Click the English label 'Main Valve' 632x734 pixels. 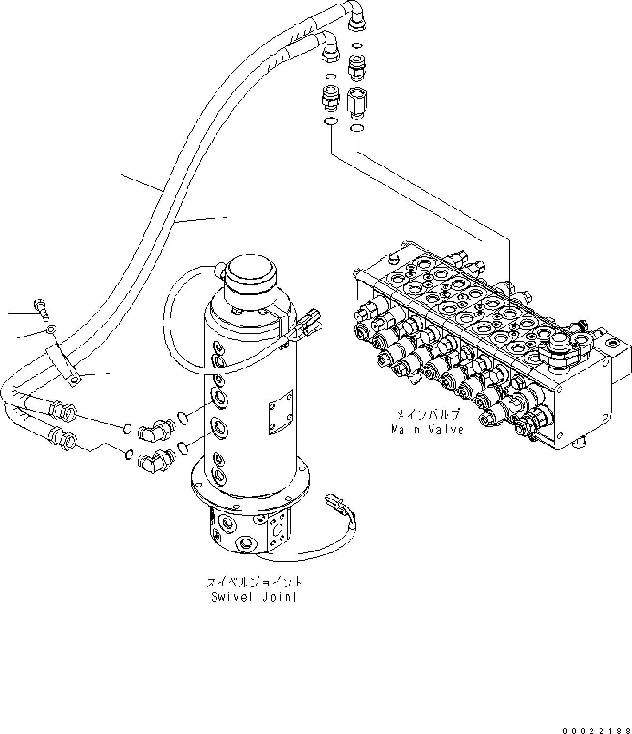(x=428, y=429)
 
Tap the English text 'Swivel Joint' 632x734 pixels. (x=254, y=597)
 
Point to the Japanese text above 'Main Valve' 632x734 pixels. (x=428, y=415)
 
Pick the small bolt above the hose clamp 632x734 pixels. (x=41, y=310)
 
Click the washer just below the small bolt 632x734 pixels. (x=51, y=330)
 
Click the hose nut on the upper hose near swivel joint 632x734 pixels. (x=62, y=409)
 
